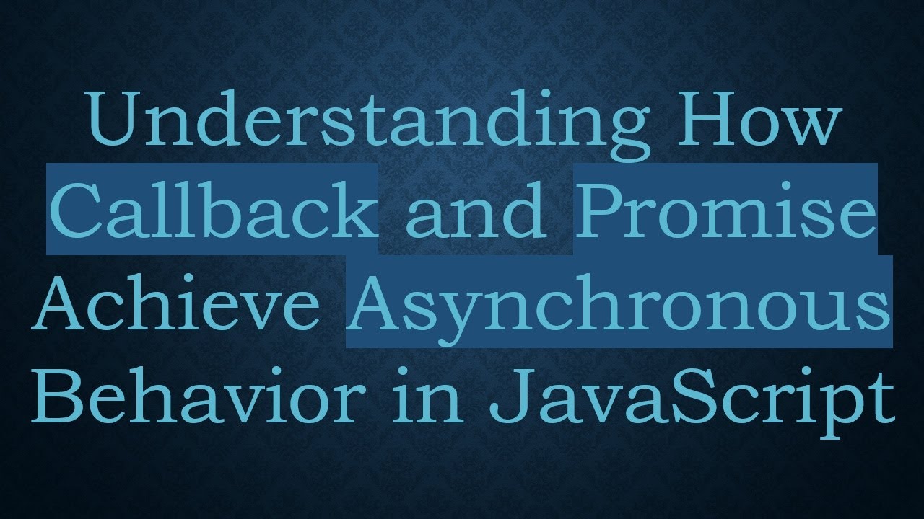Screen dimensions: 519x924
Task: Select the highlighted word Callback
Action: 214,210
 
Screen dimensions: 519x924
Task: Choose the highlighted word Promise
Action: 725,210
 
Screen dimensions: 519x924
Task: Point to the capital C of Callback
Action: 76,210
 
